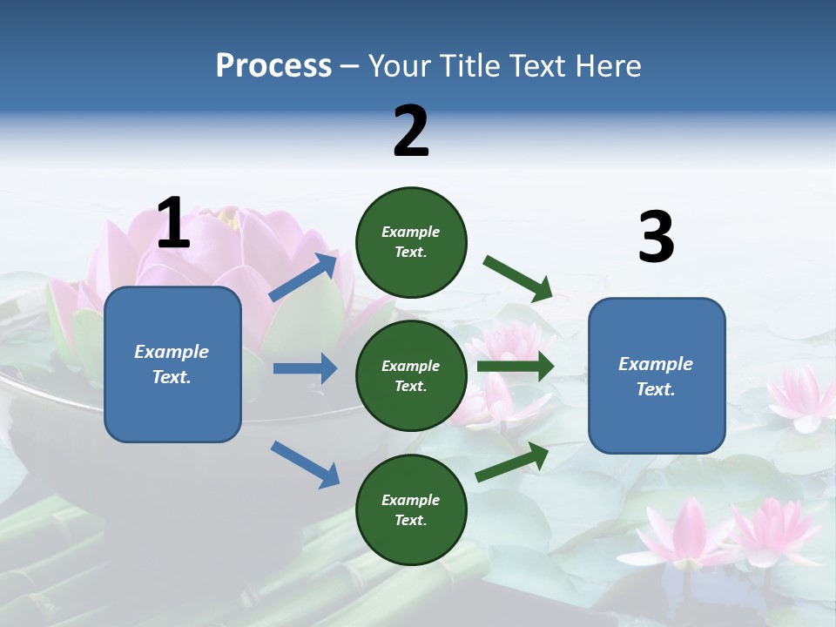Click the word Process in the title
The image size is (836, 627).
273,66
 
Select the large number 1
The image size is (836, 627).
173,224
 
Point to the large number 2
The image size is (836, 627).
411,132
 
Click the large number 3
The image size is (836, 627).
656,238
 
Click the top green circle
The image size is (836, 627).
411,242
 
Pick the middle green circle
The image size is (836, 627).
411,376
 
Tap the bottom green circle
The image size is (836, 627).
411,510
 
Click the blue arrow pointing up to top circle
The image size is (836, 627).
304,278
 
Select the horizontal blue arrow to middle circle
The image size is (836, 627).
305,368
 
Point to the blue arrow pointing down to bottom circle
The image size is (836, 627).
305,464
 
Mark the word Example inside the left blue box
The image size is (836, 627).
172,352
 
